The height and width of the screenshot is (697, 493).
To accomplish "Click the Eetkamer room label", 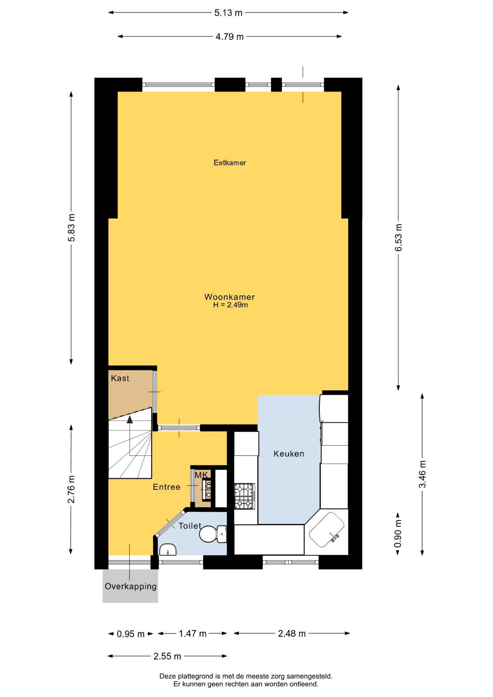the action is coord(230,163).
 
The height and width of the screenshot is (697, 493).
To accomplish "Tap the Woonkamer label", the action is coord(229,297).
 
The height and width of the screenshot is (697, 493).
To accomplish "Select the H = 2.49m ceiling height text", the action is coord(231,305).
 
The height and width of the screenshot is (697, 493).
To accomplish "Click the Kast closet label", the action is coord(120,378).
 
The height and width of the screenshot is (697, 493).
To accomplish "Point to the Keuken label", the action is coord(289,453).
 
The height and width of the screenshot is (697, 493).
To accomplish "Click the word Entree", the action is coord(167,487).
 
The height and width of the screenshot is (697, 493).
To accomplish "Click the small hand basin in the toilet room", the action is coord(168,550).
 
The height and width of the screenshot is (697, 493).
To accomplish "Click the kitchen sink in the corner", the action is coord(326,529).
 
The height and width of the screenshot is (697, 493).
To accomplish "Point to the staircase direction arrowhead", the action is coord(130,420).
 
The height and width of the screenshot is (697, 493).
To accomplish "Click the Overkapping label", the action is coord(131,586).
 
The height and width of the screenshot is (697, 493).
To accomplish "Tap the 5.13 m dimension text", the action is coord(228,13).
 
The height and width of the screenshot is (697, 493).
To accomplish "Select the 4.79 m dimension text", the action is coord(229,37).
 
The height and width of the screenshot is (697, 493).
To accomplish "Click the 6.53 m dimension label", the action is coord(399,237).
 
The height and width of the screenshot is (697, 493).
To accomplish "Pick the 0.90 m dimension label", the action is coord(398,534).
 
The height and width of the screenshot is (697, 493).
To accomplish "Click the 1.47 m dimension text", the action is coord(192,634).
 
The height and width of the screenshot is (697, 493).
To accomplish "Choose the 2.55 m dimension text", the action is coord(167,656).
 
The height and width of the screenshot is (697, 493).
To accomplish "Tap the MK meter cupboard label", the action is coord(201,475).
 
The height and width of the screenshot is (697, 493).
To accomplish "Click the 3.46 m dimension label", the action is coord(423,474).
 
